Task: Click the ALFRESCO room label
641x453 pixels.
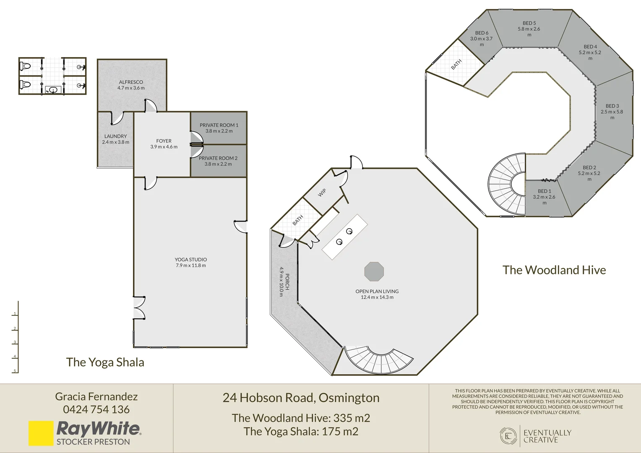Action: pos(131,82)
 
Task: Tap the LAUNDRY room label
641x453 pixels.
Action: pos(116,136)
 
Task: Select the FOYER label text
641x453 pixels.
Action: pos(164,141)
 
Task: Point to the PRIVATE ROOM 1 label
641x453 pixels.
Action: pos(219,125)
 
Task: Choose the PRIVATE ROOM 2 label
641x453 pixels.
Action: pos(218,158)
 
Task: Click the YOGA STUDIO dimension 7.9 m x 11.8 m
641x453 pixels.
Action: pos(191,266)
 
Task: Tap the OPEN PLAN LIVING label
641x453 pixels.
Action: pos(377,292)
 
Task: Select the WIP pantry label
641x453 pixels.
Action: pos(322,193)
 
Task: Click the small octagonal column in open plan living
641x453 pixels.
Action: pos(374,271)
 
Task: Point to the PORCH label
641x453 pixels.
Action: pos(287,282)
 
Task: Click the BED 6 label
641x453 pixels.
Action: pos(482,33)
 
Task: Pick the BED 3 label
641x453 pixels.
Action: pos(612,106)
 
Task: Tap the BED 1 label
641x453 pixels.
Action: pos(544,191)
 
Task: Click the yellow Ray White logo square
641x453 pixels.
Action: pos(41,433)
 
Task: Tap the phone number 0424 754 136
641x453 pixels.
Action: pos(96,409)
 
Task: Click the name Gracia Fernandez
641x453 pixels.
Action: pos(96,397)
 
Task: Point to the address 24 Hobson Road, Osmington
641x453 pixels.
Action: pos(301,398)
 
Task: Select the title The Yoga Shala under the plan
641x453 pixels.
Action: pos(105,362)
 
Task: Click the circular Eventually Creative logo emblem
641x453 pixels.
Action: pos(508,436)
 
